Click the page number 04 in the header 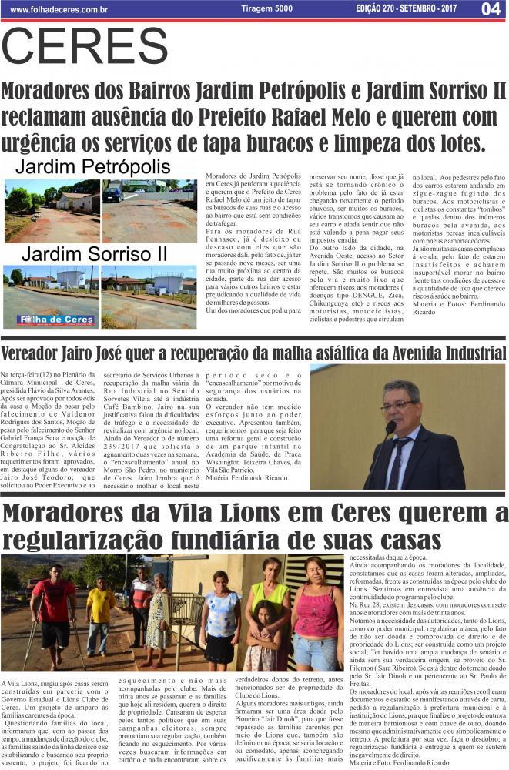point(491,9)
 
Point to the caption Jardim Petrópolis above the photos point(93,167)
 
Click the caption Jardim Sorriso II point(94,253)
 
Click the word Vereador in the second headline point(38,353)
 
